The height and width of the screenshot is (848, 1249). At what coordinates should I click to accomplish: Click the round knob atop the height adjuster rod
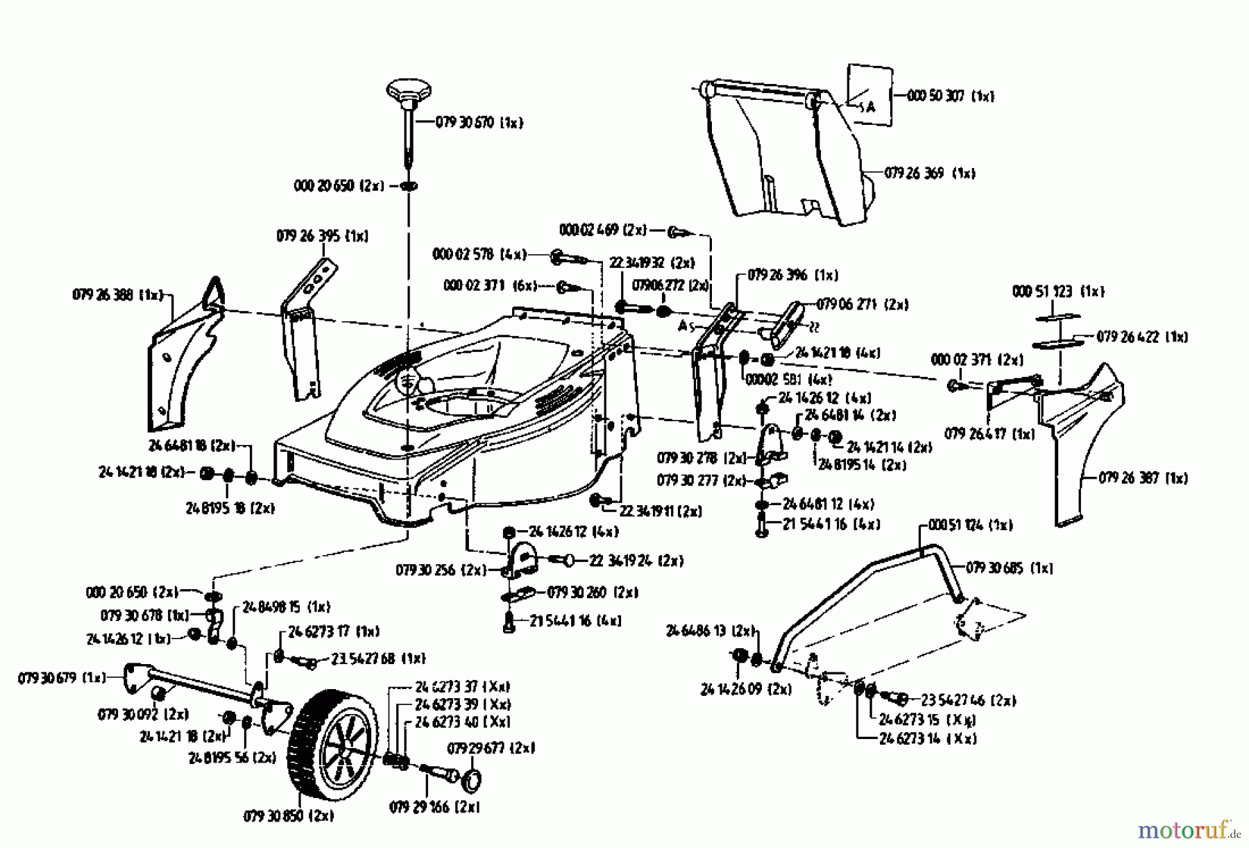[409, 90]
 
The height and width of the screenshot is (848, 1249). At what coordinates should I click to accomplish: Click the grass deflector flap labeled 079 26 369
[784, 156]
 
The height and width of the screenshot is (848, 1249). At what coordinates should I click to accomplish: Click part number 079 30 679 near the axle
[61, 677]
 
